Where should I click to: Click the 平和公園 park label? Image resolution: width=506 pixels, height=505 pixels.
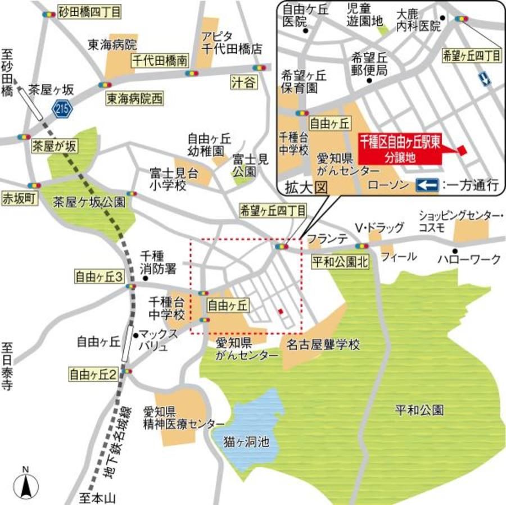pos(419,410)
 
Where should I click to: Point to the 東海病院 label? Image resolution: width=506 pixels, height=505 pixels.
pos(112,44)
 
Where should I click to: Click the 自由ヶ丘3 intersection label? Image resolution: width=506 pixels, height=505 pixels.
pos(100,276)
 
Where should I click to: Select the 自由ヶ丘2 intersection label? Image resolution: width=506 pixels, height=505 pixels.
pos(92,373)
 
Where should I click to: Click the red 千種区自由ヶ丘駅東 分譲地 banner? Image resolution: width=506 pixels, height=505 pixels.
pos(400,148)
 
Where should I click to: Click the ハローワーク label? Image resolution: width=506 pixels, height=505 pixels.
pos(469,259)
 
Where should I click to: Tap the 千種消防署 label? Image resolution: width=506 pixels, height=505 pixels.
pos(157,262)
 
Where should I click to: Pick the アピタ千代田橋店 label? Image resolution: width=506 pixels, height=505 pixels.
pos(231,43)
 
